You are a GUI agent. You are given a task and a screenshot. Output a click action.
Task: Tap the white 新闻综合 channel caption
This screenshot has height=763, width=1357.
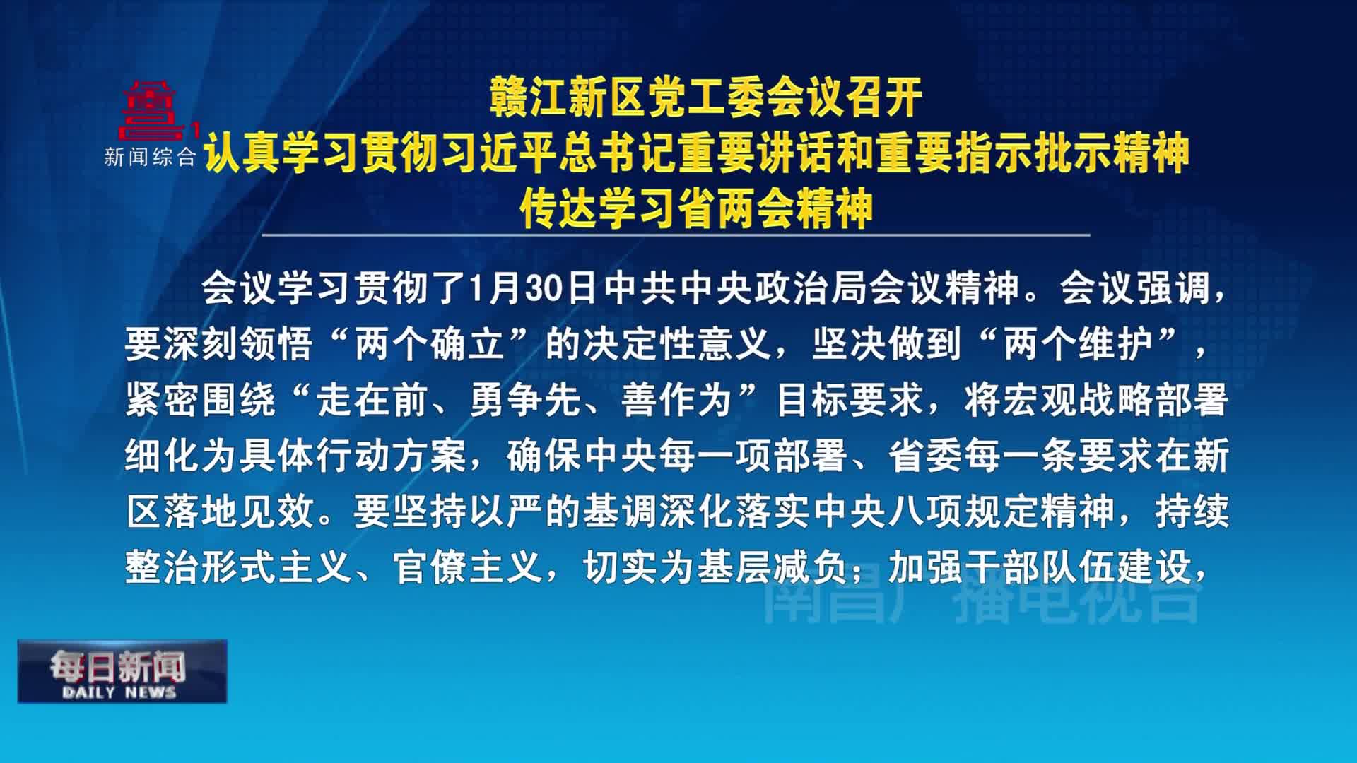coord(150,157)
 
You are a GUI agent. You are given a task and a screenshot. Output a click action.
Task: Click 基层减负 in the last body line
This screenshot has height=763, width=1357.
coord(773,568)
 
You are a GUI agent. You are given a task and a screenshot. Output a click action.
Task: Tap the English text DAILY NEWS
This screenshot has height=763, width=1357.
coord(119,692)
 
